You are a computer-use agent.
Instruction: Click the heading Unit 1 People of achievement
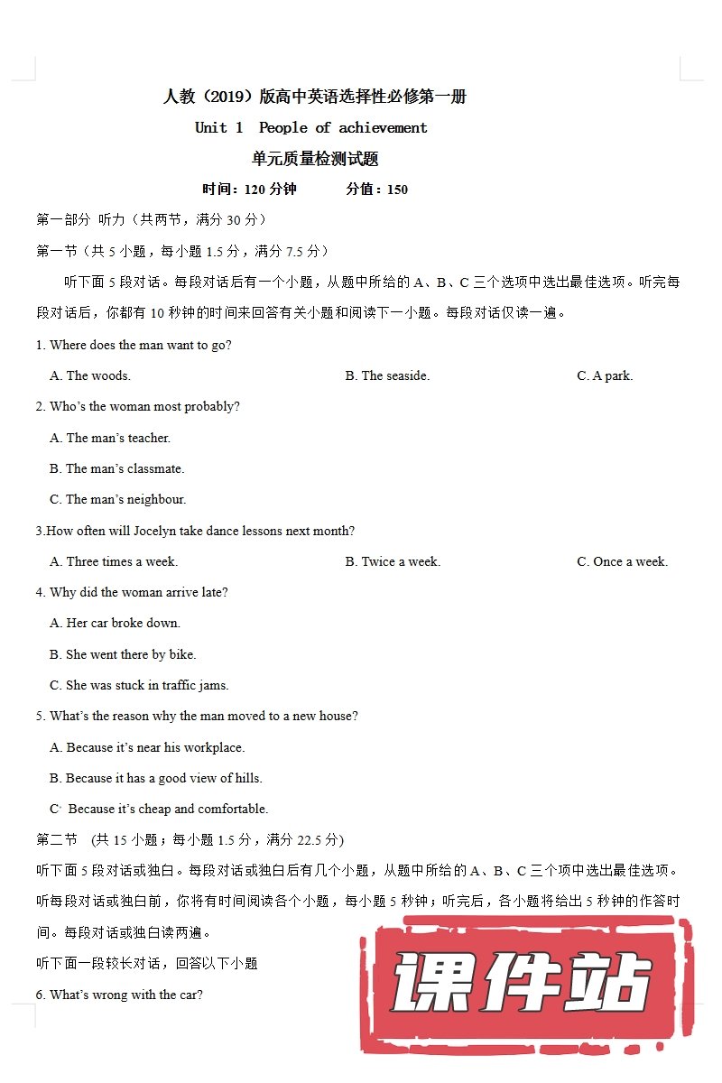(311, 127)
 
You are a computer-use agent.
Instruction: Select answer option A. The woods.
(90, 375)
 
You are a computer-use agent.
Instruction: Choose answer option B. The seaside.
(387, 375)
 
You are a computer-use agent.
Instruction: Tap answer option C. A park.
(605, 375)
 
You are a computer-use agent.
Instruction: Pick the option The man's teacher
(110, 438)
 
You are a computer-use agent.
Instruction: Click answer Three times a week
(114, 561)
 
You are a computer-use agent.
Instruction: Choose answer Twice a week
(393, 561)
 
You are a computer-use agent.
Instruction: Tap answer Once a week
(622, 561)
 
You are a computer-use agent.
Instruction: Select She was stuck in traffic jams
(139, 685)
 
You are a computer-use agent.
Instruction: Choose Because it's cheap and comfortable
(160, 809)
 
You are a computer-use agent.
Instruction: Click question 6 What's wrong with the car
(119, 995)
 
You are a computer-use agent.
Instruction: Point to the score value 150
(397, 190)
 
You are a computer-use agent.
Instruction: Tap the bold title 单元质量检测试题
(315, 159)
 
